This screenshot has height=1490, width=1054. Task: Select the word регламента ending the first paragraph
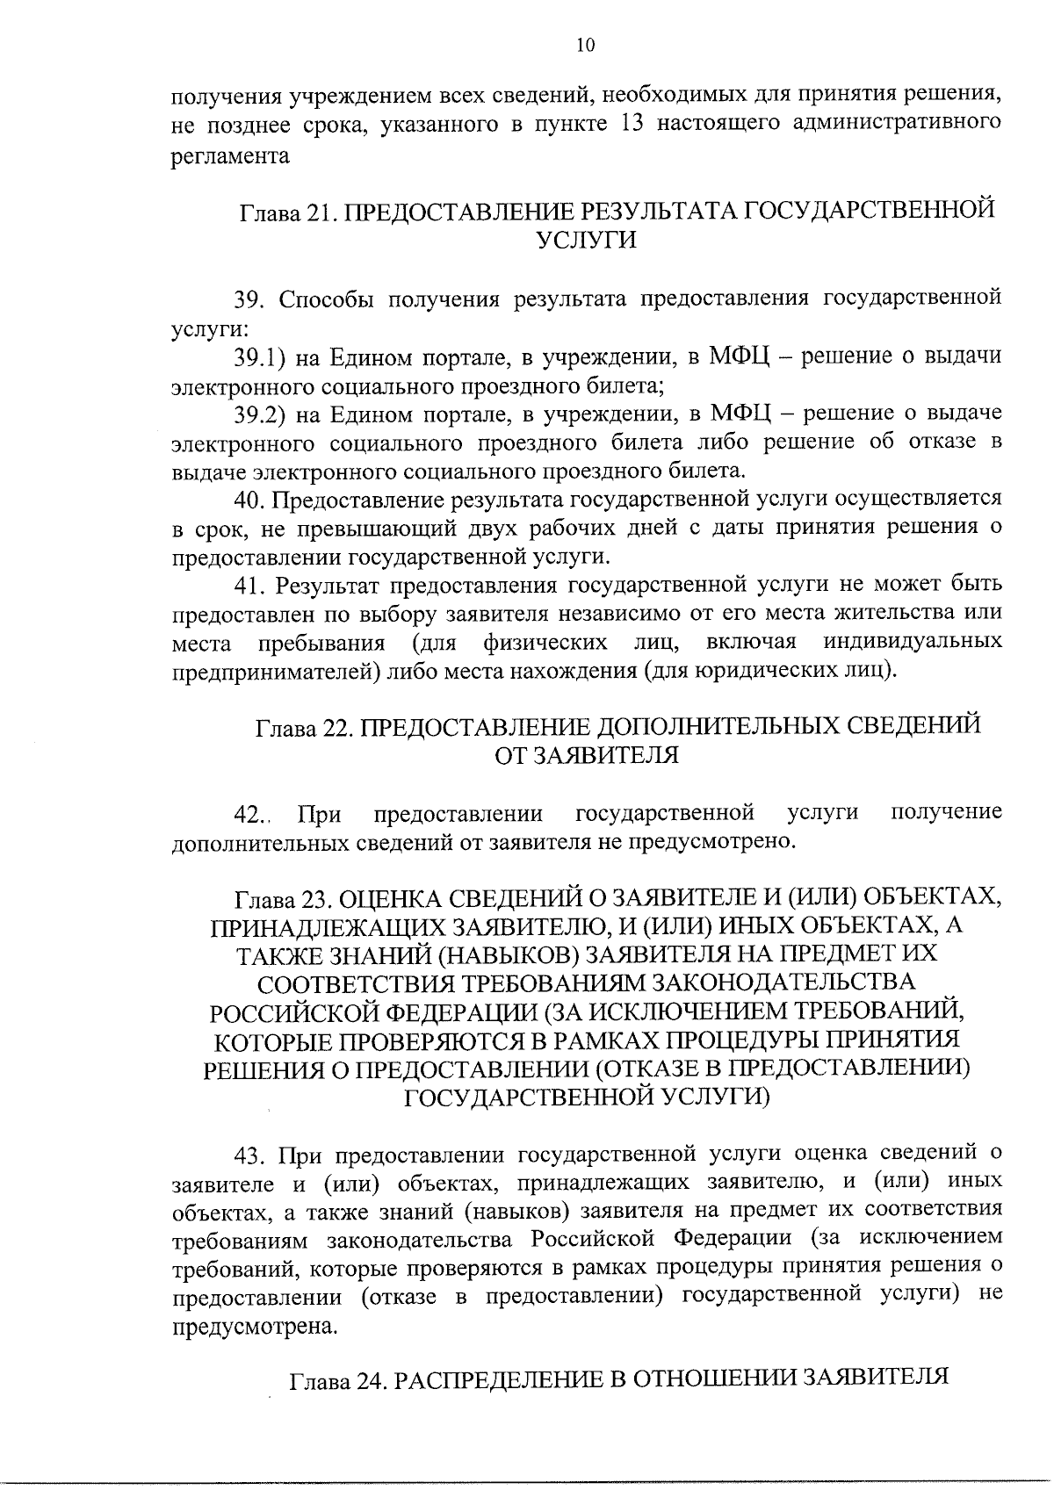230,155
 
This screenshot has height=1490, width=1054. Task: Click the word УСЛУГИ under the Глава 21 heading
586,241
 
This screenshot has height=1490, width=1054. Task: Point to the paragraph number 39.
249,299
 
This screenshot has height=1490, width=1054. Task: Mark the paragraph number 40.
249,500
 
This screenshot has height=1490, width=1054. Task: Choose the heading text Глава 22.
303,728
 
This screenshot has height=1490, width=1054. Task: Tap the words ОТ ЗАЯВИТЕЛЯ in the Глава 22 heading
586,756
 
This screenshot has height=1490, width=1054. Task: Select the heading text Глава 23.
280,899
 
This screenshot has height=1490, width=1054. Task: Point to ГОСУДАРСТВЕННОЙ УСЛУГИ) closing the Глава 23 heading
586,1097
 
